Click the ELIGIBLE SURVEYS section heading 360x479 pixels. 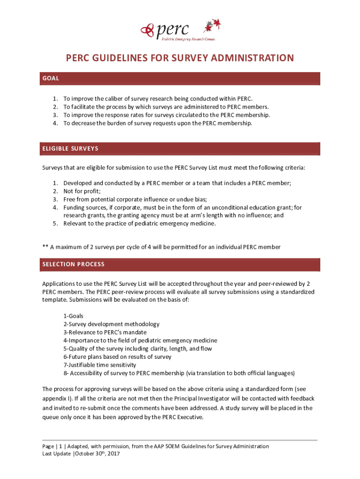(70, 149)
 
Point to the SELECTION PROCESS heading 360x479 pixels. (73, 264)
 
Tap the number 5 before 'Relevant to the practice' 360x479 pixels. (55, 223)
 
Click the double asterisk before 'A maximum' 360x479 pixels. (45, 247)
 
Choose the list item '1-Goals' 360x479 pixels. (73, 316)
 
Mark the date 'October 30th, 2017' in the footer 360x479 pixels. (98, 454)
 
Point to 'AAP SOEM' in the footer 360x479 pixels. (168, 446)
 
